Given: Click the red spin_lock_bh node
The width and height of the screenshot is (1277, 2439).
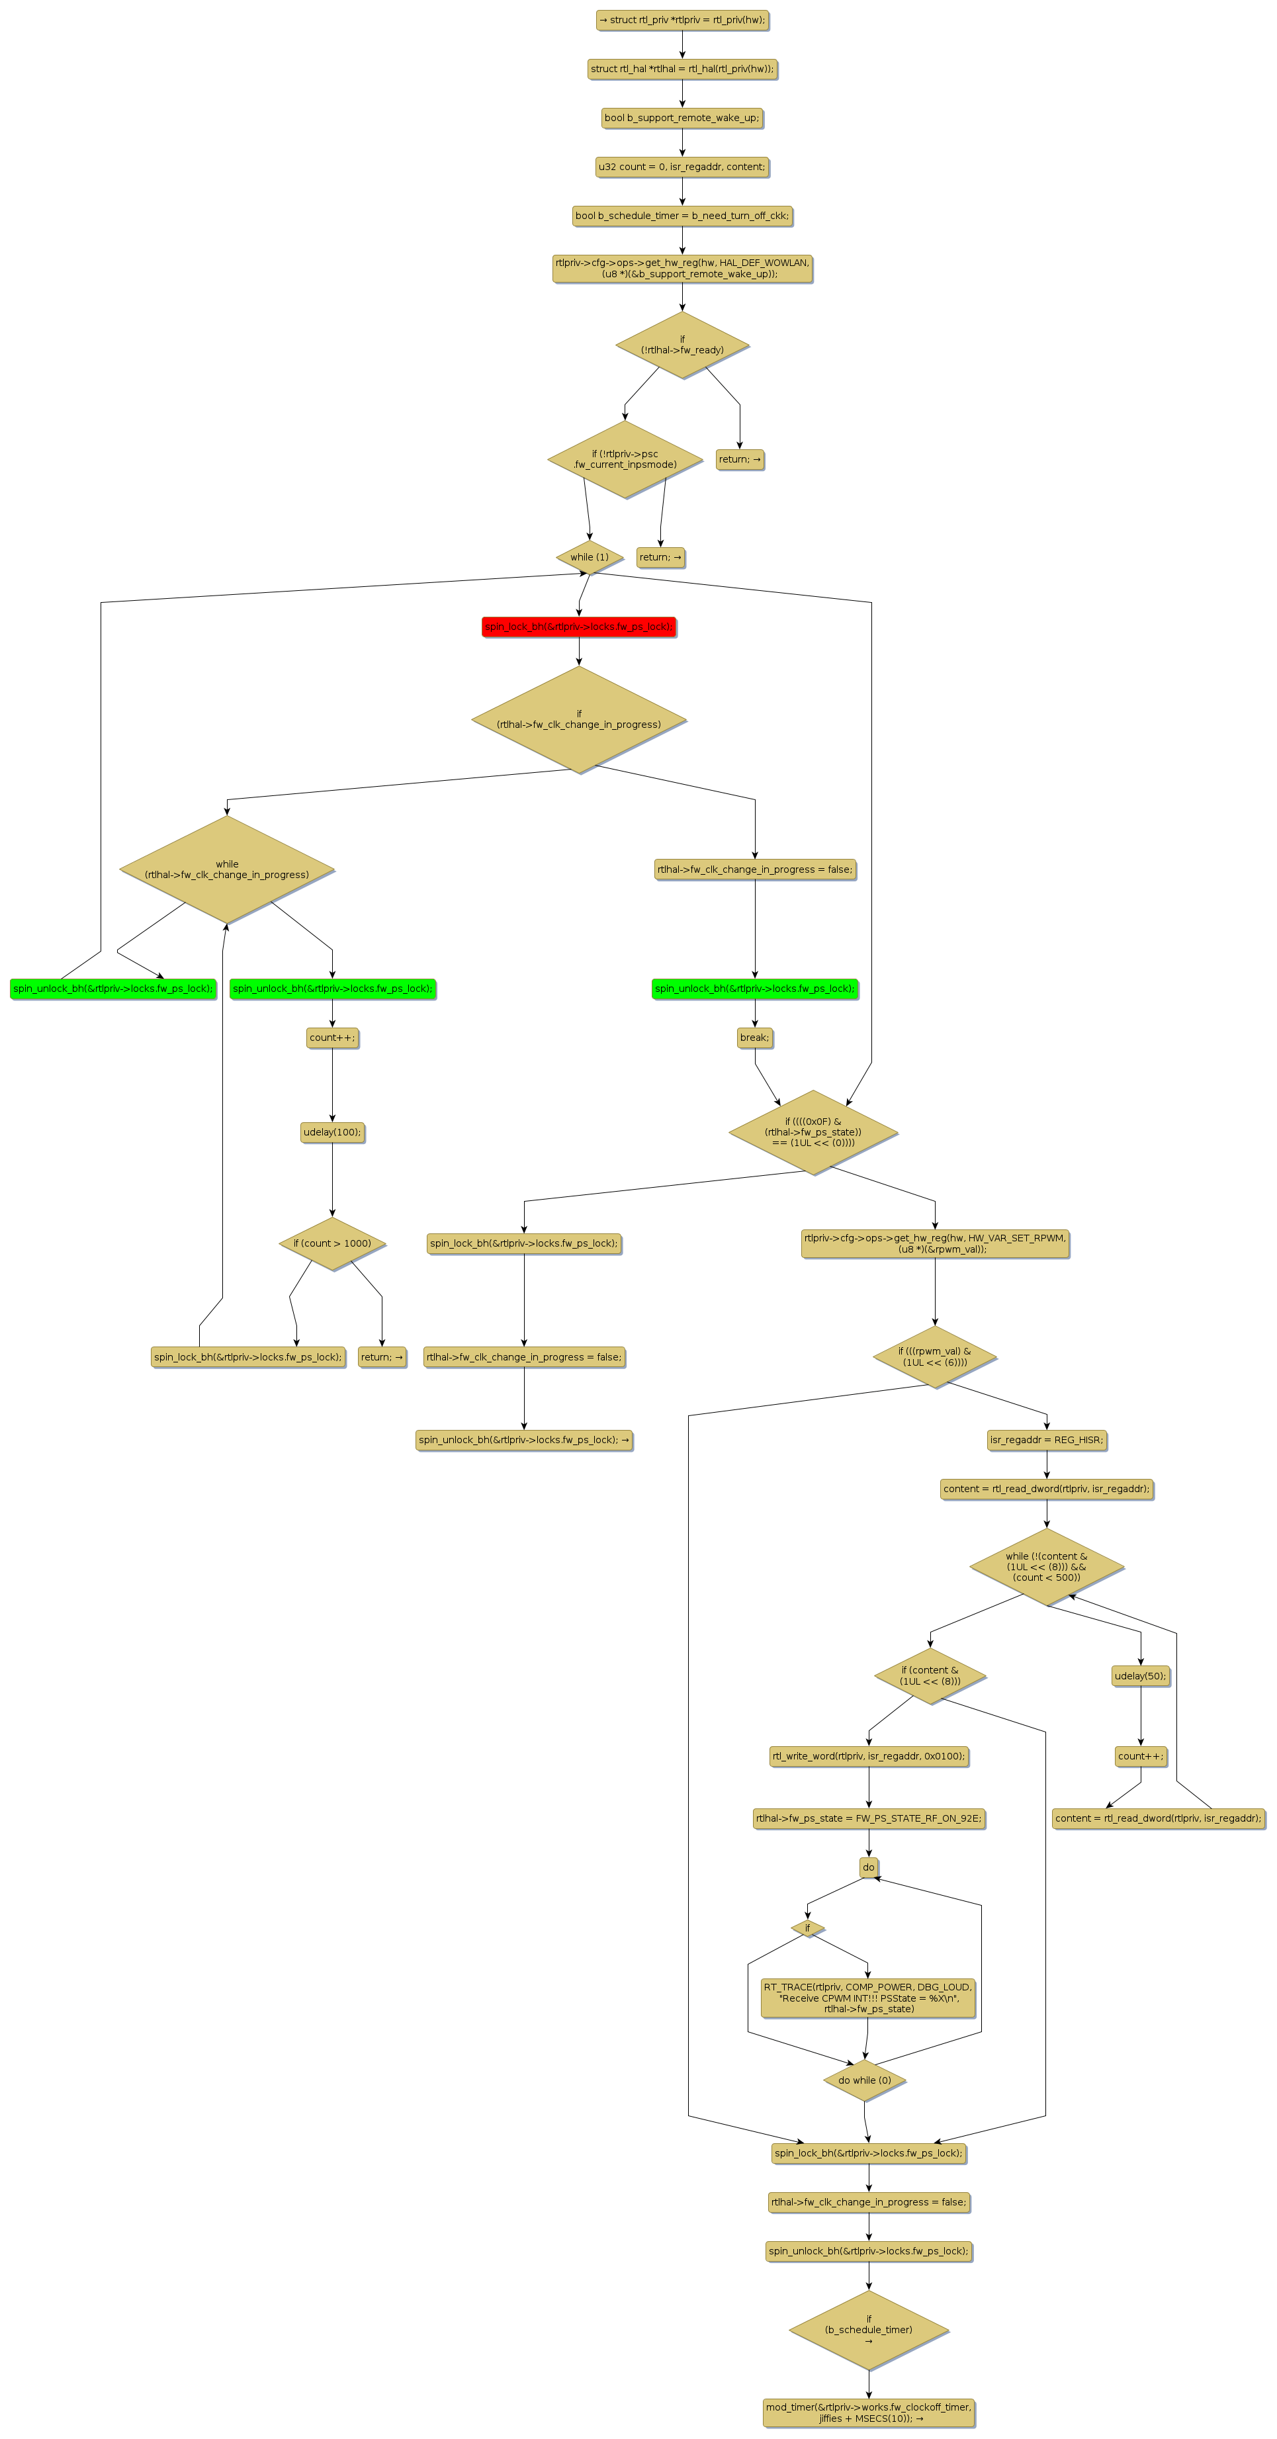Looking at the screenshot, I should [578, 627].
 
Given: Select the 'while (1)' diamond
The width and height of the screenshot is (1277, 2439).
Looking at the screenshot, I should [589, 556].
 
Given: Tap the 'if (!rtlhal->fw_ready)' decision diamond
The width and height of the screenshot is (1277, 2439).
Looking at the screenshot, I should [682, 345].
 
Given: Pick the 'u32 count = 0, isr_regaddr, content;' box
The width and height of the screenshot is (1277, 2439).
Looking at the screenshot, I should [682, 167].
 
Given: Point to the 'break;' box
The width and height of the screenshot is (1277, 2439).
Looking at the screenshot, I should [754, 1038].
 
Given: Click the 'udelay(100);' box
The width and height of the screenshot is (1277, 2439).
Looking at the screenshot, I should [331, 1132].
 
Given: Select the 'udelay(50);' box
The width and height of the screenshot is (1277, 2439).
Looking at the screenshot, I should [1140, 1676].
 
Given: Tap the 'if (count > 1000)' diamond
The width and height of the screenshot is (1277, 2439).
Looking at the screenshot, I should [331, 1243].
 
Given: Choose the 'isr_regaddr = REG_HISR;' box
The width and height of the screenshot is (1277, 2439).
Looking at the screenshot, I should [1046, 1440].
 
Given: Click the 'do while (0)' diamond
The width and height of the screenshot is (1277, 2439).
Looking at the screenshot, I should [864, 2080].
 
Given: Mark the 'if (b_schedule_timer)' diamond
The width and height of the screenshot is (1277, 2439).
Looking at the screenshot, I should [868, 2330].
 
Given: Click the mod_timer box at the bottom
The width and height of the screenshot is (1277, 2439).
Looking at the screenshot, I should [868, 2412].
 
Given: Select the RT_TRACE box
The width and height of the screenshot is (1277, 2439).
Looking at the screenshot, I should [868, 1998].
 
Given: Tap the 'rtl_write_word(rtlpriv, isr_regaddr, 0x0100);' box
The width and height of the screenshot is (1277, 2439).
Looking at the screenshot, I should [868, 1756].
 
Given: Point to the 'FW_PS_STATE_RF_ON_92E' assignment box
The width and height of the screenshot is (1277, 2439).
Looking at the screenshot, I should [868, 1818].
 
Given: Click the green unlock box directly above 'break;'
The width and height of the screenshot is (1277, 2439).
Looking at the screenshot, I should [754, 989].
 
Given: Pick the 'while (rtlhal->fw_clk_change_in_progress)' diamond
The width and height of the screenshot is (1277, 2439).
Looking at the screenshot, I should [227, 869].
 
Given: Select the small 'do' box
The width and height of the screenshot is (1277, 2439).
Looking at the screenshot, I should [868, 1867].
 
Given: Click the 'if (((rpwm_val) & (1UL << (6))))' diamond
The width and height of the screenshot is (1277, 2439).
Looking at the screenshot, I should [934, 1356].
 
